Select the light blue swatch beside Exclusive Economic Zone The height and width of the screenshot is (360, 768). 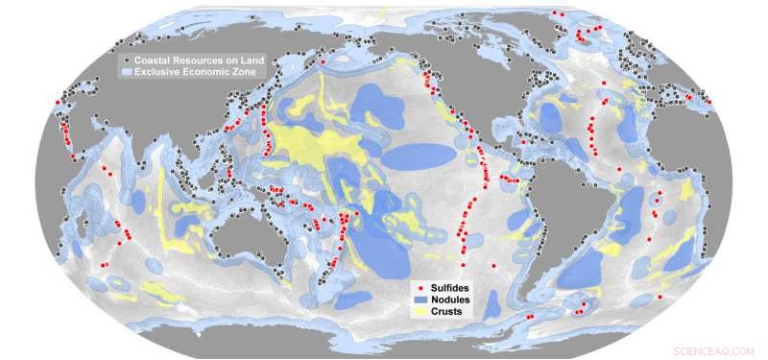tap(124, 72)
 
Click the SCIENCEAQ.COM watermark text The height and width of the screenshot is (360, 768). tap(714, 351)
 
